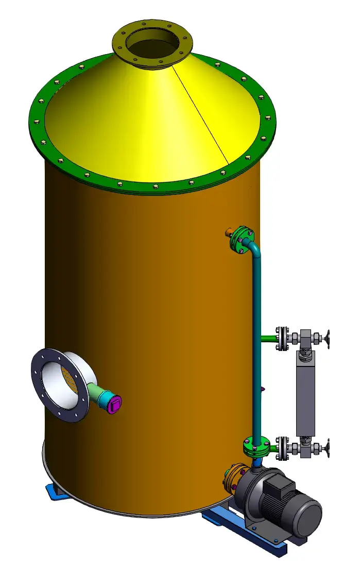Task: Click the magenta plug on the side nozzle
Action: coord(115,403)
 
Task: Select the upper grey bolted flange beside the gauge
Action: coord(282,339)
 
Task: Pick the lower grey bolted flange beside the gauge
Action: coord(282,447)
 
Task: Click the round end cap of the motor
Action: coord(307,515)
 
